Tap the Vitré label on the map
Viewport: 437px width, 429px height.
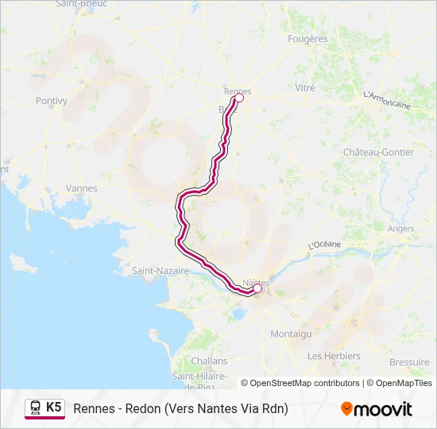305,88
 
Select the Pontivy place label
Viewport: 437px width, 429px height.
52,101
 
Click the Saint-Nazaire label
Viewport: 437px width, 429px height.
160,270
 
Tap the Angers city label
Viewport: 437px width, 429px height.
400,229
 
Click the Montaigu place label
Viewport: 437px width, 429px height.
290,334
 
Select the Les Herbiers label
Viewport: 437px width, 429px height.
334,355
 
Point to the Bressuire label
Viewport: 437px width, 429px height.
410,361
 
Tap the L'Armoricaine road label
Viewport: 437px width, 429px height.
386,100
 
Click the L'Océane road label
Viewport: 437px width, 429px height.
324,245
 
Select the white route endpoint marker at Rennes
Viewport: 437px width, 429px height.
238,99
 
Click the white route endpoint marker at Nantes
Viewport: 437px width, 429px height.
257,289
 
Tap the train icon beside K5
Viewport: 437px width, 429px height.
36,408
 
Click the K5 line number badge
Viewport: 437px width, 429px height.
53,408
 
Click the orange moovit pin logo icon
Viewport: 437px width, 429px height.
346,408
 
